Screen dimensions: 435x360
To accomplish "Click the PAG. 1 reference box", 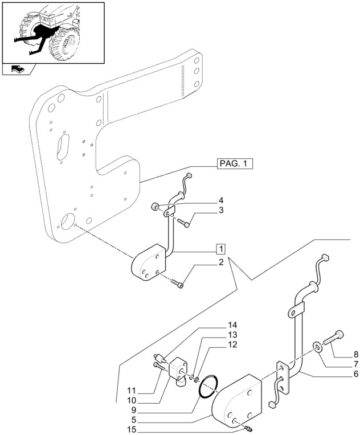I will pyautogui.click(x=235, y=164).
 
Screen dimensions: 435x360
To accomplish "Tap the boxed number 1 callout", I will pyautogui.click(x=220, y=249).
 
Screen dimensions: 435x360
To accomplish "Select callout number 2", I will pyautogui.click(x=220, y=262).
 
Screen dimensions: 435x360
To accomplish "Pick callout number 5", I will pyautogui.click(x=355, y=374).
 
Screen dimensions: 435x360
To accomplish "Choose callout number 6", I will pyautogui.click(x=355, y=363).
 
